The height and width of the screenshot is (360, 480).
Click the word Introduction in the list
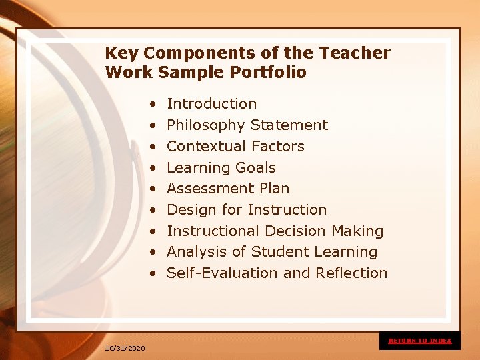pos(211,104)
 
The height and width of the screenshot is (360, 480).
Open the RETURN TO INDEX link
pos(420,341)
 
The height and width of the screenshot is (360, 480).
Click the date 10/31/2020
pos(125,349)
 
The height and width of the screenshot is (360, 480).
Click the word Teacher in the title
pos(355,53)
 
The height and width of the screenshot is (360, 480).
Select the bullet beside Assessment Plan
pos(153,189)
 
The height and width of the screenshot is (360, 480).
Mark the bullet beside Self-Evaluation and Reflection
pos(153,274)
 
